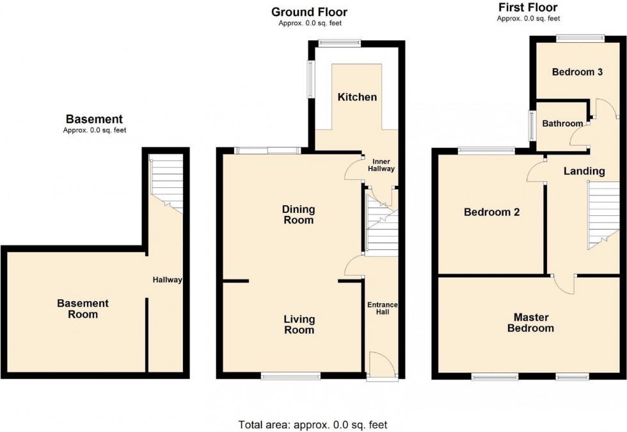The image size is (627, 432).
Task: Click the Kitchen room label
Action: tap(357, 97)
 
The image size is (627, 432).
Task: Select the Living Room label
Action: tap(299, 324)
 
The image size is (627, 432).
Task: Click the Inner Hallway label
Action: tap(383, 164)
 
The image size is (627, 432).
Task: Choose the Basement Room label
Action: tap(83, 308)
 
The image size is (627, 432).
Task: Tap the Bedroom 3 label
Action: tap(578, 72)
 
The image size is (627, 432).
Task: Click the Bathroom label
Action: tap(562, 123)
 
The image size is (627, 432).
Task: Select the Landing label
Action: tap(583, 171)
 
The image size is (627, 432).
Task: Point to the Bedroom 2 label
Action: tap(491, 212)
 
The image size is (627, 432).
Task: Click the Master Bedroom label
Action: tap(530, 322)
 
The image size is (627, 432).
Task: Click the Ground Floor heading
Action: tap(309, 12)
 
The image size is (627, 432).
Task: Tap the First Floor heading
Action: tap(527, 8)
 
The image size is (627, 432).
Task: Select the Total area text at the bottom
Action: tap(313, 424)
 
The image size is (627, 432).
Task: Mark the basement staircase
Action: tap(166, 183)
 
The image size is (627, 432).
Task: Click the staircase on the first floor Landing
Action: tap(603, 215)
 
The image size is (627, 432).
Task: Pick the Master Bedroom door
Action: tap(564, 283)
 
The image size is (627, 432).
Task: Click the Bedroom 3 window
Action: tap(580, 38)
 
